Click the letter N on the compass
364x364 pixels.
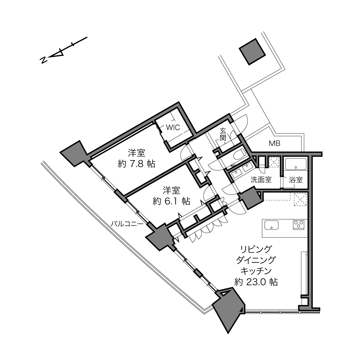[44, 60]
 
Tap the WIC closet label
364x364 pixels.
[173, 128]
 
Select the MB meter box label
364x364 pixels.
[274, 144]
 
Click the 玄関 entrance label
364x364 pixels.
[223, 134]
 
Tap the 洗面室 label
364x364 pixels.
[261, 180]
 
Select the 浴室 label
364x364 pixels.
[296, 180]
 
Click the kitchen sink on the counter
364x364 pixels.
[272, 225]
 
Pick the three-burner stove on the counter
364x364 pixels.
[299, 225]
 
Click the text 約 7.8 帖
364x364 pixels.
[136, 164]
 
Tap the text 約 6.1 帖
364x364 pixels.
[171, 201]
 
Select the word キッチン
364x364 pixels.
[256, 271]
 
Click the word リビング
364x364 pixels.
[256, 249]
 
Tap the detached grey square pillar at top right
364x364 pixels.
[252, 52]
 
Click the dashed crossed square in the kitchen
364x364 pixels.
[300, 199]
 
